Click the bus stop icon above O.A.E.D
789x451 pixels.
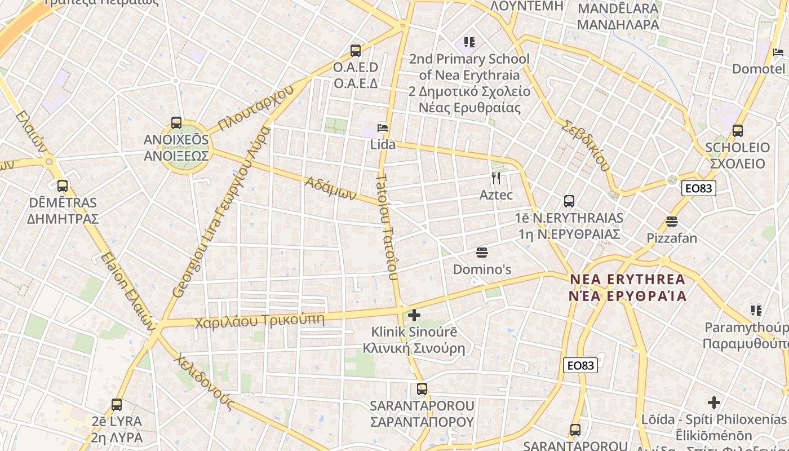pyautogui.click(x=356, y=51)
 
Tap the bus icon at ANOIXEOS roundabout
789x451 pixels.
pyautogui.click(x=176, y=122)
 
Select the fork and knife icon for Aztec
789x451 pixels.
pyautogui.click(x=496, y=178)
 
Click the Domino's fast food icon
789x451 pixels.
pyautogui.click(x=482, y=252)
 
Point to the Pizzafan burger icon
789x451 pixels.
pyautogui.click(x=671, y=221)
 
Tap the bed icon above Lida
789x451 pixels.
pyautogui.click(x=383, y=128)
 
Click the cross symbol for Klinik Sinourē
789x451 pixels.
pyautogui.click(x=414, y=315)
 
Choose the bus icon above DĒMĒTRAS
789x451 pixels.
pyautogui.click(x=63, y=185)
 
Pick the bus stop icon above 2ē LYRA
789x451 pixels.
pyautogui.click(x=117, y=404)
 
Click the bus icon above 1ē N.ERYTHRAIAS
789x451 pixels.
pyautogui.click(x=569, y=201)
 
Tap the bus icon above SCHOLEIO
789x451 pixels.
pyautogui.click(x=738, y=131)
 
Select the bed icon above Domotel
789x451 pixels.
pyautogui.click(x=778, y=52)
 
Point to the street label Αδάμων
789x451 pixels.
pyautogui.click(x=331, y=188)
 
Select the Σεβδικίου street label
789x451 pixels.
pyautogui.click(x=586, y=145)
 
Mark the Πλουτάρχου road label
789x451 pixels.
pyautogui.click(x=256, y=108)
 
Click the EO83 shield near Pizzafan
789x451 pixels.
pyautogui.click(x=699, y=188)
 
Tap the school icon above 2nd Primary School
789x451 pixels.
pyautogui.click(x=469, y=42)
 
